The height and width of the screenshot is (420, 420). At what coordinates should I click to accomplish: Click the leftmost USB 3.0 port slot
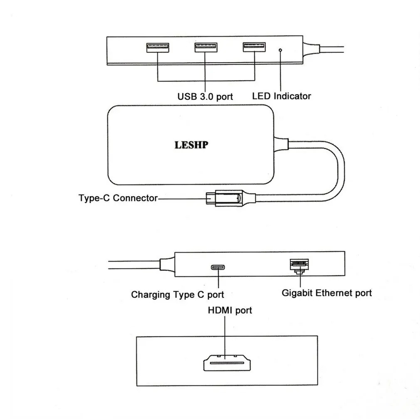[x=158, y=47]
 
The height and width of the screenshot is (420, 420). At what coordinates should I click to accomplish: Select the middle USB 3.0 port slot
[x=206, y=47]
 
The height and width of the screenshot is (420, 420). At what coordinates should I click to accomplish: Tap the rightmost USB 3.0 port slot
[x=254, y=47]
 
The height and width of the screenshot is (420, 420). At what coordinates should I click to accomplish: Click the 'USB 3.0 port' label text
[x=205, y=96]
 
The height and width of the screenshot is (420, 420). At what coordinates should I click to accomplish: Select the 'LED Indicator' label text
[x=282, y=96]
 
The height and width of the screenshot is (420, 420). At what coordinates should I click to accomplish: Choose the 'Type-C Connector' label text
[x=118, y=198]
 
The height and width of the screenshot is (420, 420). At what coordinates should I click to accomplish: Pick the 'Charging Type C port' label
[x=178, y=295]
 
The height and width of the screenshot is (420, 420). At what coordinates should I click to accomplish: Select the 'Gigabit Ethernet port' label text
[x=326, y=293]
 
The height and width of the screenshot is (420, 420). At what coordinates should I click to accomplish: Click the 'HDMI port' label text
[x=230, y=310]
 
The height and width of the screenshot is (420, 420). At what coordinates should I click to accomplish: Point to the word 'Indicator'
[x=292, y=96]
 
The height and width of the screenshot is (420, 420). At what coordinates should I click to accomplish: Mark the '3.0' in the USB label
[x=206, y=96]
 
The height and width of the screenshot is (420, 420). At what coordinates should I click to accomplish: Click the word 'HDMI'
[x=220, y=310]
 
